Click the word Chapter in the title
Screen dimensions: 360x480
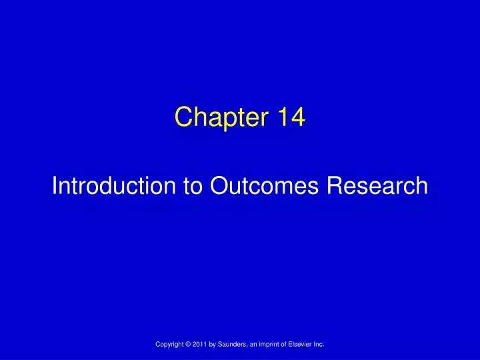pos(214,118)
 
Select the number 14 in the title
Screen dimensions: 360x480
pos(291,118)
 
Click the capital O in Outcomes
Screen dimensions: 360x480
pos(219,186)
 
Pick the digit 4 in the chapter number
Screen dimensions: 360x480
pos(298,118)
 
